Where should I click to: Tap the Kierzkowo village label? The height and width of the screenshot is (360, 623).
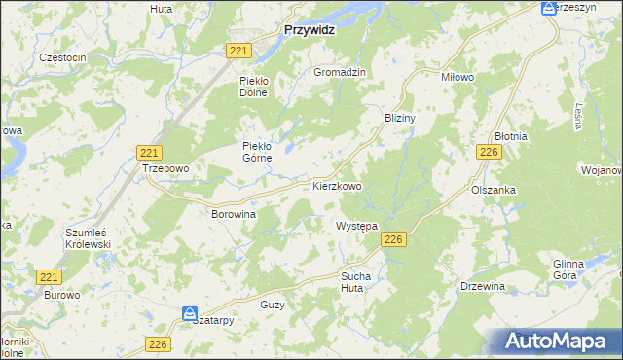coord(337,185)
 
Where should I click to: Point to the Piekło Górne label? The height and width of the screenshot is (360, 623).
coord(262,153)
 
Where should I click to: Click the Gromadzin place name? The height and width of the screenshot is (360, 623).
coord(339,72)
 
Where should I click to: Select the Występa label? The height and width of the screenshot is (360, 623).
coord(356,226)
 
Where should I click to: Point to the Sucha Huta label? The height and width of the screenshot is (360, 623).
coord(356,282)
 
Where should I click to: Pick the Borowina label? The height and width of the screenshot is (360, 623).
coord(234,212)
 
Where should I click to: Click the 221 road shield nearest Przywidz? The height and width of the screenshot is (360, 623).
coord(238,51)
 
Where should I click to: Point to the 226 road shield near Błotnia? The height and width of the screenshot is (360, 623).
coord(489,153)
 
